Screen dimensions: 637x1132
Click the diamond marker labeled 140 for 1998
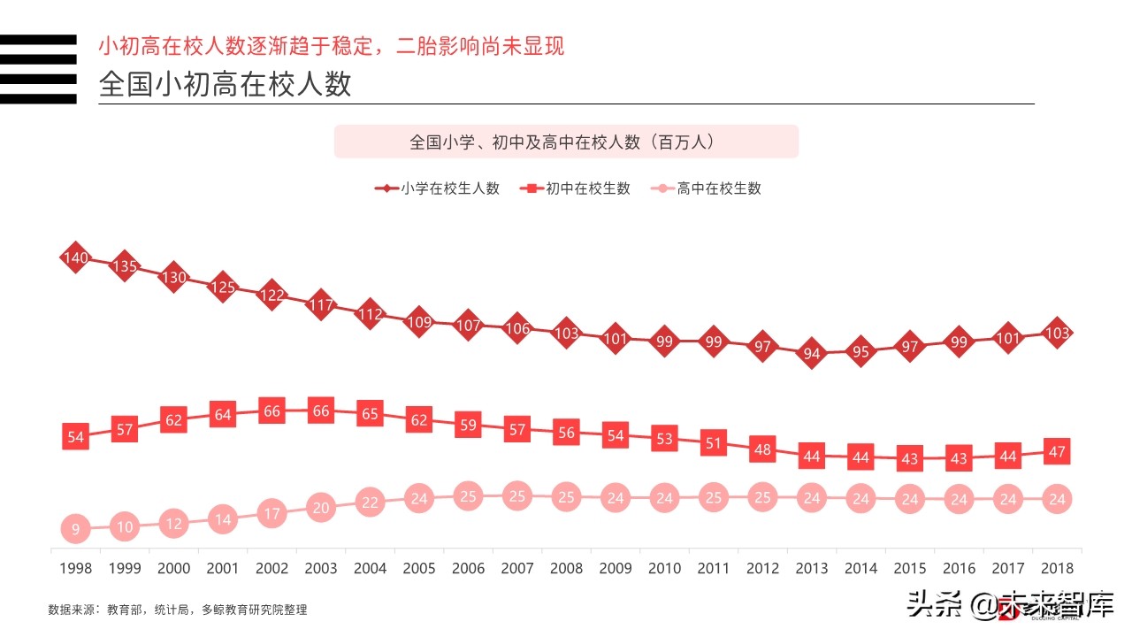click(x=75, y=257)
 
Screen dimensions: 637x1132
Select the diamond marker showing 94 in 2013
click(x=812, y=354)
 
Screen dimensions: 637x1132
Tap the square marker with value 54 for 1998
click(x=75, y=437)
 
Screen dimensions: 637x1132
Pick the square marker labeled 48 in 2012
click(x=762, y=449)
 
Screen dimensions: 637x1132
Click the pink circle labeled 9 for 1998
click(x=75, y=530)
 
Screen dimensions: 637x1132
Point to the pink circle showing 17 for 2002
click(x=272, y=513)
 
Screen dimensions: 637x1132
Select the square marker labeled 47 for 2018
click(x=1057, y=451)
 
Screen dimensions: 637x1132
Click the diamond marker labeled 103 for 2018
click(x=1057, y=333)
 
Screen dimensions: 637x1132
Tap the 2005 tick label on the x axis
click(x=419, y=569)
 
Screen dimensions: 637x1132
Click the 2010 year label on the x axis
click(x=664, y=569)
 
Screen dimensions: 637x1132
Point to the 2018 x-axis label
click(x=1057, y=569)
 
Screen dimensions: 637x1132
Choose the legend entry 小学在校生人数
click(x=438, y=188)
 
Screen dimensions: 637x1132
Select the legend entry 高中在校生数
click(x=707, y=188)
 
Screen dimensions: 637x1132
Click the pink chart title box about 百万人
click(x=566, y=142)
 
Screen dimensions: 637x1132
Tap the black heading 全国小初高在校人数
click(x=226, y=84)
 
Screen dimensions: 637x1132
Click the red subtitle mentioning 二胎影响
click(x=331, y=46)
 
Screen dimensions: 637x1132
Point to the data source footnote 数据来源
click(x=177, y=610)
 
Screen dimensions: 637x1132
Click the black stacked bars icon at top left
click(x=38, y=69)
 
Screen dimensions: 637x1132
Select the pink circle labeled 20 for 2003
click(x=321, y=508)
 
